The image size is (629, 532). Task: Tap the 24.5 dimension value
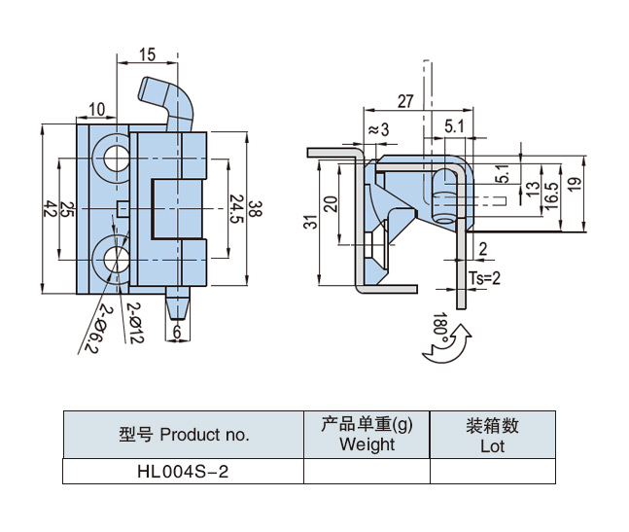[236, 207]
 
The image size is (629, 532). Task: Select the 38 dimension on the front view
[255, 208]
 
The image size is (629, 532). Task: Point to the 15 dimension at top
[147, 55]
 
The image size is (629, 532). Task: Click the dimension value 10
[98, 108]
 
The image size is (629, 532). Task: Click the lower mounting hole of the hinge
[112, 261]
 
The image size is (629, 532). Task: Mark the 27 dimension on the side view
[404, 100]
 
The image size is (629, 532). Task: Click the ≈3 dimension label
[377, 129]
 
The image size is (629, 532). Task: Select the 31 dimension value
[310, 222]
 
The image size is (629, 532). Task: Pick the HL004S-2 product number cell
[183, 472]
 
